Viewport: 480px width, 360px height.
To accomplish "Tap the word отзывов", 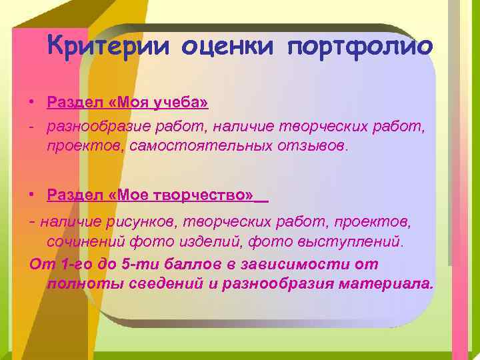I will [x=309, y=146].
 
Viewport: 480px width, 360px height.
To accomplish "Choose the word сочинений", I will [x=81, y=241].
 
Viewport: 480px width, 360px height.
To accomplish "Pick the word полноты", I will [x=81, y=284].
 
